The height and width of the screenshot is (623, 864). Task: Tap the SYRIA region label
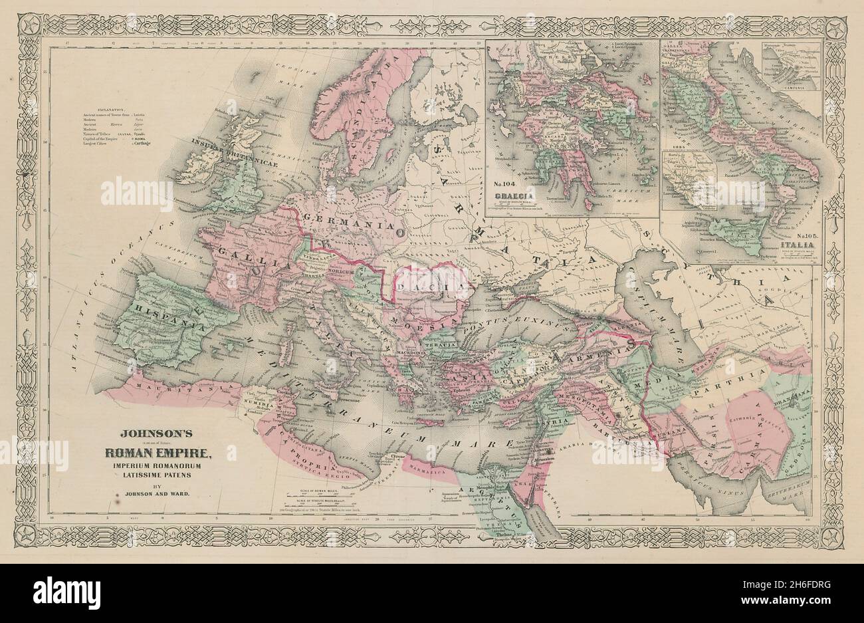pos(557,422)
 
